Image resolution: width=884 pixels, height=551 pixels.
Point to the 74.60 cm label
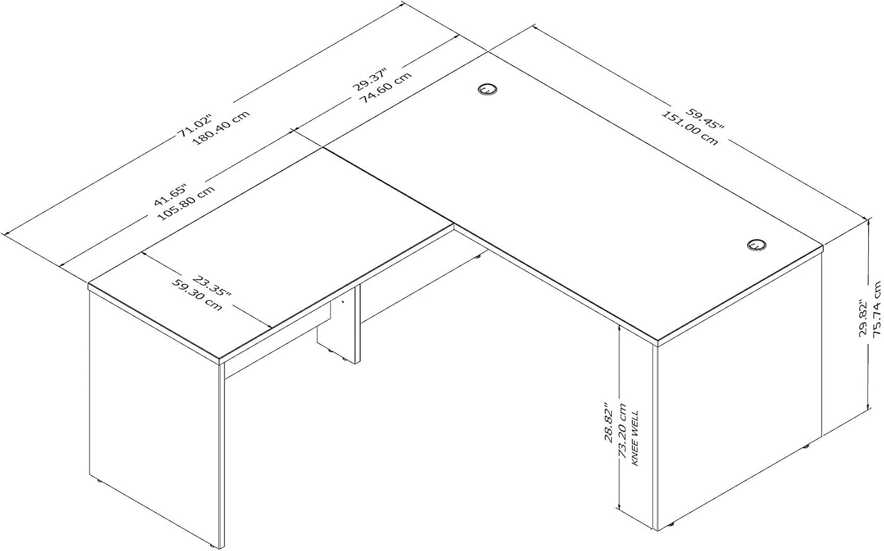coord(387,93)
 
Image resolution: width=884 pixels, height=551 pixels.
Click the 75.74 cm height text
coord(877,309)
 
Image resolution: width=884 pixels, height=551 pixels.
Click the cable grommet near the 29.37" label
coord(487,89)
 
